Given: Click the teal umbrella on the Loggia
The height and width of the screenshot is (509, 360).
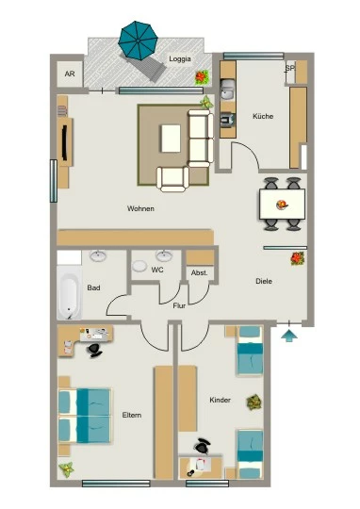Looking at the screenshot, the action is pyautogui.click(x=138, y=41).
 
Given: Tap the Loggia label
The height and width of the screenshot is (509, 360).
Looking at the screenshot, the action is pyautogui.click(x=180, y=59).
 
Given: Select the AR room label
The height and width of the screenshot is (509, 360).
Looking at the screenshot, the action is pyautogui.click(x=70, y=74).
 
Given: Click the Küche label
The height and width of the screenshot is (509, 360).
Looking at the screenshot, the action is pyautogui.click(x=263, y=116).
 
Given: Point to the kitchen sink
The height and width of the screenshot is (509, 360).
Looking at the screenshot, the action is pyautogui.click(x=228, y=90).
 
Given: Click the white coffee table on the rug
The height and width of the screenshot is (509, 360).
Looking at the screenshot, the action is pyautogui.click(x=171, y=139).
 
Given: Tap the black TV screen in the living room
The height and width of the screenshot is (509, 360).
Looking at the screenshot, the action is pyautogui.click(x=65, y=142).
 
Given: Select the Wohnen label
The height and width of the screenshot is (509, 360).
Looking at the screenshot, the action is pyautogui.click(x=140, y=208).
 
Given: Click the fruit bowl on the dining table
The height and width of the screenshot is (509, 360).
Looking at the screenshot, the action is pyautogui.click(x=282, y=205).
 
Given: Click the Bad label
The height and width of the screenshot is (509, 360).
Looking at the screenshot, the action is pyautogui.click(x=93, y=287).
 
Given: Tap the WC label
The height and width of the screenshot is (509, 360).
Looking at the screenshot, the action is pyautogui.click(x=157, y=270).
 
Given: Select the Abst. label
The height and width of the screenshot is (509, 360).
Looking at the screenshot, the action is pyautogui.click(x=199, y=272).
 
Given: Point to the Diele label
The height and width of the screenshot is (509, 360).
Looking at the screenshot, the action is pyautogui.click(x=264, y=281).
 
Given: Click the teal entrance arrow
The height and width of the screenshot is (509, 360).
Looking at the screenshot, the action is pyautogui.click(x=289, y=336).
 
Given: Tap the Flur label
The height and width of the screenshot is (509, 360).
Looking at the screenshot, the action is pyautogui.click(x=179, y=305).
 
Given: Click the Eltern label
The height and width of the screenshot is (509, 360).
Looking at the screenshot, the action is pyautogui.click(x=132, y=415).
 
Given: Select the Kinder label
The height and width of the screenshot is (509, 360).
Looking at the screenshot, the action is pyautogui.click(x=221, y=400).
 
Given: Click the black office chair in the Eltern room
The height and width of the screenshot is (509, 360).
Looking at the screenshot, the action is pyautogui.click(x=94, y=351).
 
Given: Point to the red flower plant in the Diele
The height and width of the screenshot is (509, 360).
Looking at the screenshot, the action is pyautogui.click(x=297, y=258).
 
